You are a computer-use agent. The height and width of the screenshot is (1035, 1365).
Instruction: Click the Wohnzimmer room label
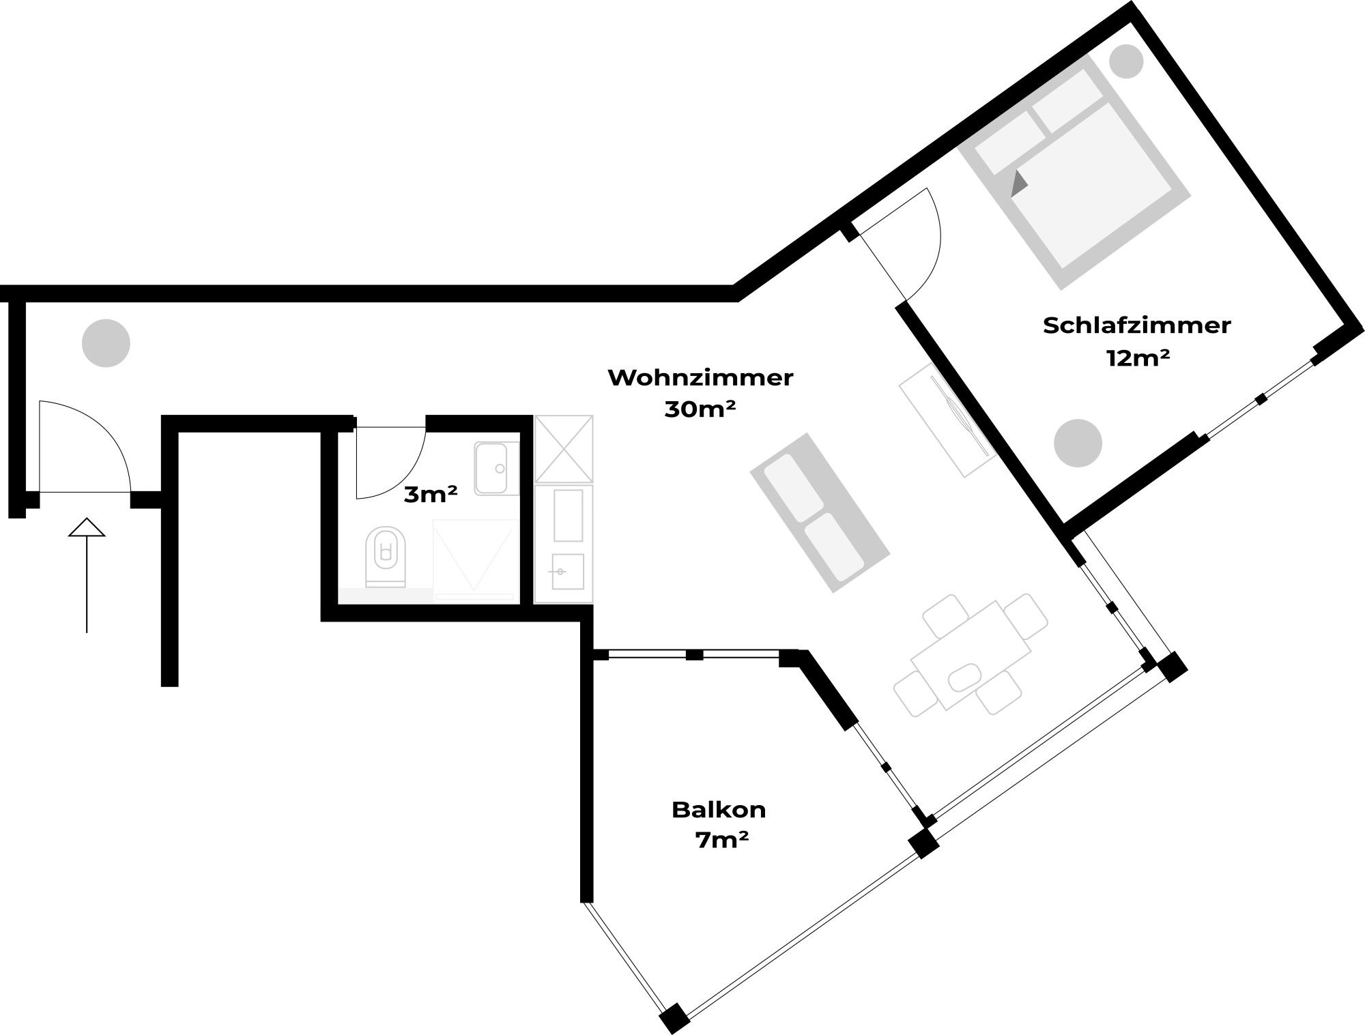tap(700, 378)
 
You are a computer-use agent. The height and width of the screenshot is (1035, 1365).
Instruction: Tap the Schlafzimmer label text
tap(1136, 325)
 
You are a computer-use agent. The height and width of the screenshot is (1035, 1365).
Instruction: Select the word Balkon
tap(719, 810)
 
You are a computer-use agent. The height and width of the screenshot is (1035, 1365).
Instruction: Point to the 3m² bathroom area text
tap(430, 494)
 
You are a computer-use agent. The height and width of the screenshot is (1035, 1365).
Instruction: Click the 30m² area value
tap(700, 409)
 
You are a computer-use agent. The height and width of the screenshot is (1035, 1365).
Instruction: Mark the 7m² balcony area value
tap(721, 841)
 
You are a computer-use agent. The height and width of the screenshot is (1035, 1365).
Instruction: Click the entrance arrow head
tap(87, 527)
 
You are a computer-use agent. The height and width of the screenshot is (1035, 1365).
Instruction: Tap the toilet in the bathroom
tap(386, 557)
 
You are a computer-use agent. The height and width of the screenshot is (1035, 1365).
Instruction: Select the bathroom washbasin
tap(496, 468)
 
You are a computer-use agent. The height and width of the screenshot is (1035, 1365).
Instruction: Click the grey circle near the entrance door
tap(106, 342)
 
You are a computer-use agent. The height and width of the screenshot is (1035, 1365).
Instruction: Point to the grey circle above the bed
tap(1126, 61)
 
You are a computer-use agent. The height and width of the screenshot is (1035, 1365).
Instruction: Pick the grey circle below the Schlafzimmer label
tap(1078, 443)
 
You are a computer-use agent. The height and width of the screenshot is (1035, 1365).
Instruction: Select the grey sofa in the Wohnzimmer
tap(820, 512)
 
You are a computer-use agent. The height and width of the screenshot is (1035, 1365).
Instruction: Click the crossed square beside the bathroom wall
tap(564, 448)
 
